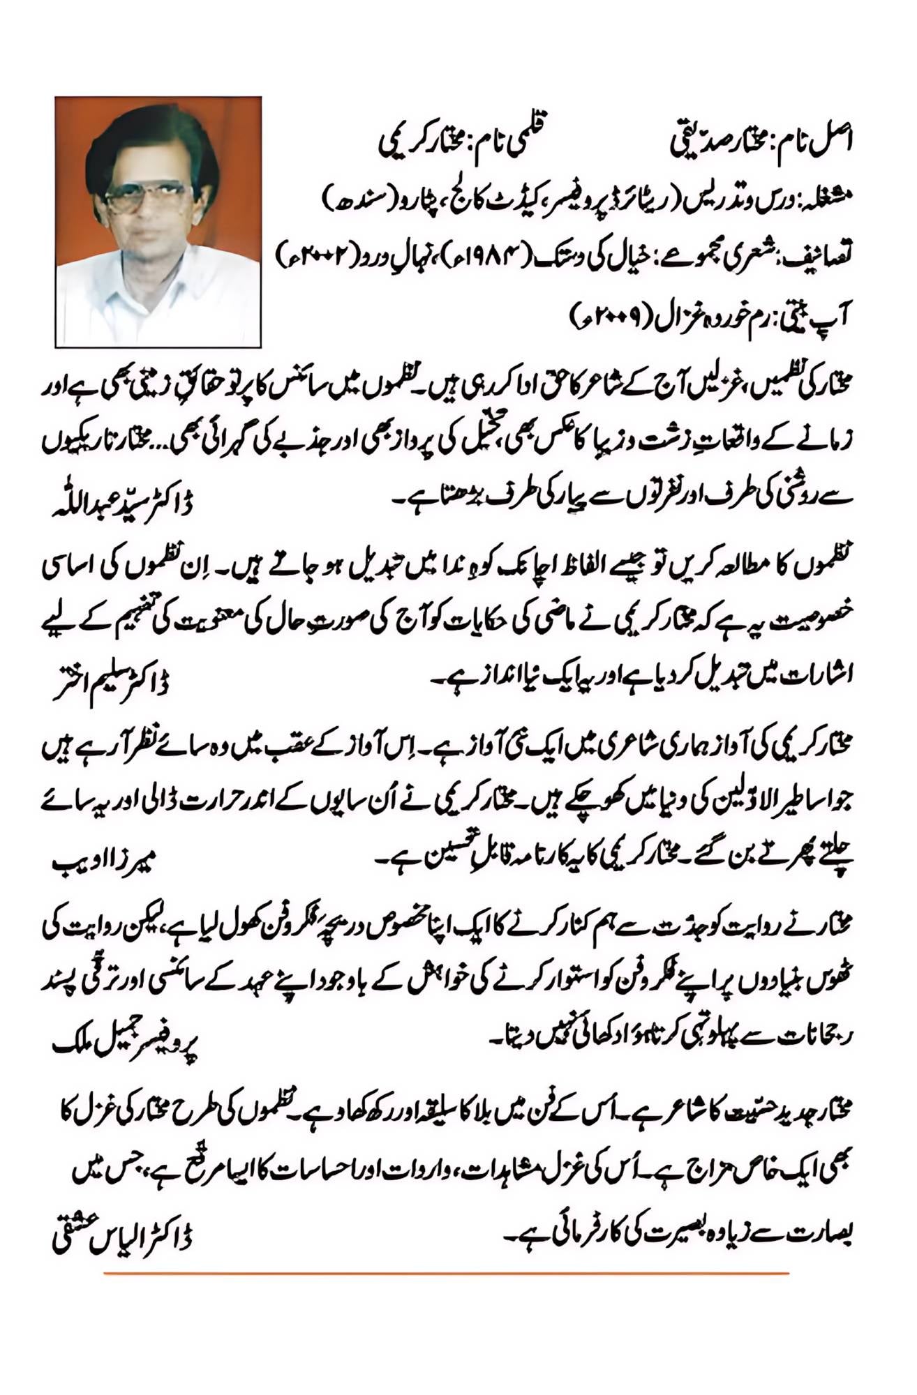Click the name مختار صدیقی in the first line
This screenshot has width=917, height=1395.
pyautogui.click(x=705, y=142)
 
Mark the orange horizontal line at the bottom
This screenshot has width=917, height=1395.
pyautogui.click(x=447, y=1274)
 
